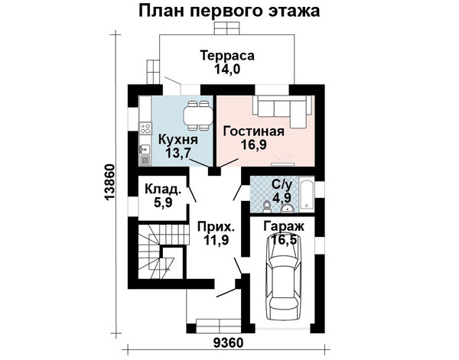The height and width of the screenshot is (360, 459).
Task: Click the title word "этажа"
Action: click(293, 11)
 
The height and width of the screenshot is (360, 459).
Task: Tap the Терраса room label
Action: click(227, 56)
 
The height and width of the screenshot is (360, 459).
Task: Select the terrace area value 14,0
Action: click(227, 69)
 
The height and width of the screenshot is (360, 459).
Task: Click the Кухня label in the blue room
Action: click(178, 140)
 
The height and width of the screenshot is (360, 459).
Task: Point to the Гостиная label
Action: click(253, 131)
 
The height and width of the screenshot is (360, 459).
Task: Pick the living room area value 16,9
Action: click(253, 144)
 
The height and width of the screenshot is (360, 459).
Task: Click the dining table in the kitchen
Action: click(198, 116)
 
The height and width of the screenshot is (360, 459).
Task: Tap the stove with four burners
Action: click(145, 128)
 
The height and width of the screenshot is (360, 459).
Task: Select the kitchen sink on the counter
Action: click(145, 149)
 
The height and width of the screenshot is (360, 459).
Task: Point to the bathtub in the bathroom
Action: click(306, 194)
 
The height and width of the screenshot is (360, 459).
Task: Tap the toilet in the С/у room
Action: click(266, 207)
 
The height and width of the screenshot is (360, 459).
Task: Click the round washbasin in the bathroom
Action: click(288, 208)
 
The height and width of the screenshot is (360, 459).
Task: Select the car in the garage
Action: click(283, 277)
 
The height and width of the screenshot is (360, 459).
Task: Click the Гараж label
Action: click(284, 227)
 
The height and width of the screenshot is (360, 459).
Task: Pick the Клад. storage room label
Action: click(163, 190)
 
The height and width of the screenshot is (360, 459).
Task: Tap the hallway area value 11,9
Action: click(216, 240)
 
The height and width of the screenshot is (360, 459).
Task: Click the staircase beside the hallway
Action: click(161, 251)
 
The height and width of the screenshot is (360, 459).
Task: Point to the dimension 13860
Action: click(109, 183)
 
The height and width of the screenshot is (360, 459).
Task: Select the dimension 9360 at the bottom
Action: click(228, 342)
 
